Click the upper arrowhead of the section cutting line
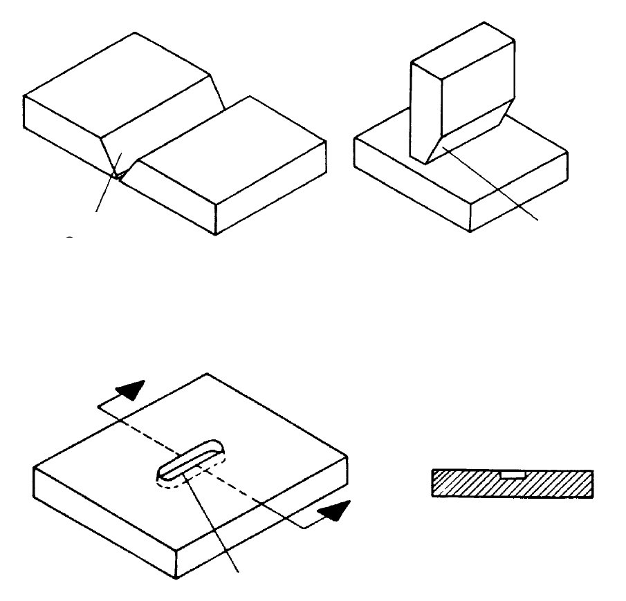coord(133,392)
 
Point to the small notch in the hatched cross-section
coord(513,475)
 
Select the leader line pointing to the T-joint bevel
coord(491,184)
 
